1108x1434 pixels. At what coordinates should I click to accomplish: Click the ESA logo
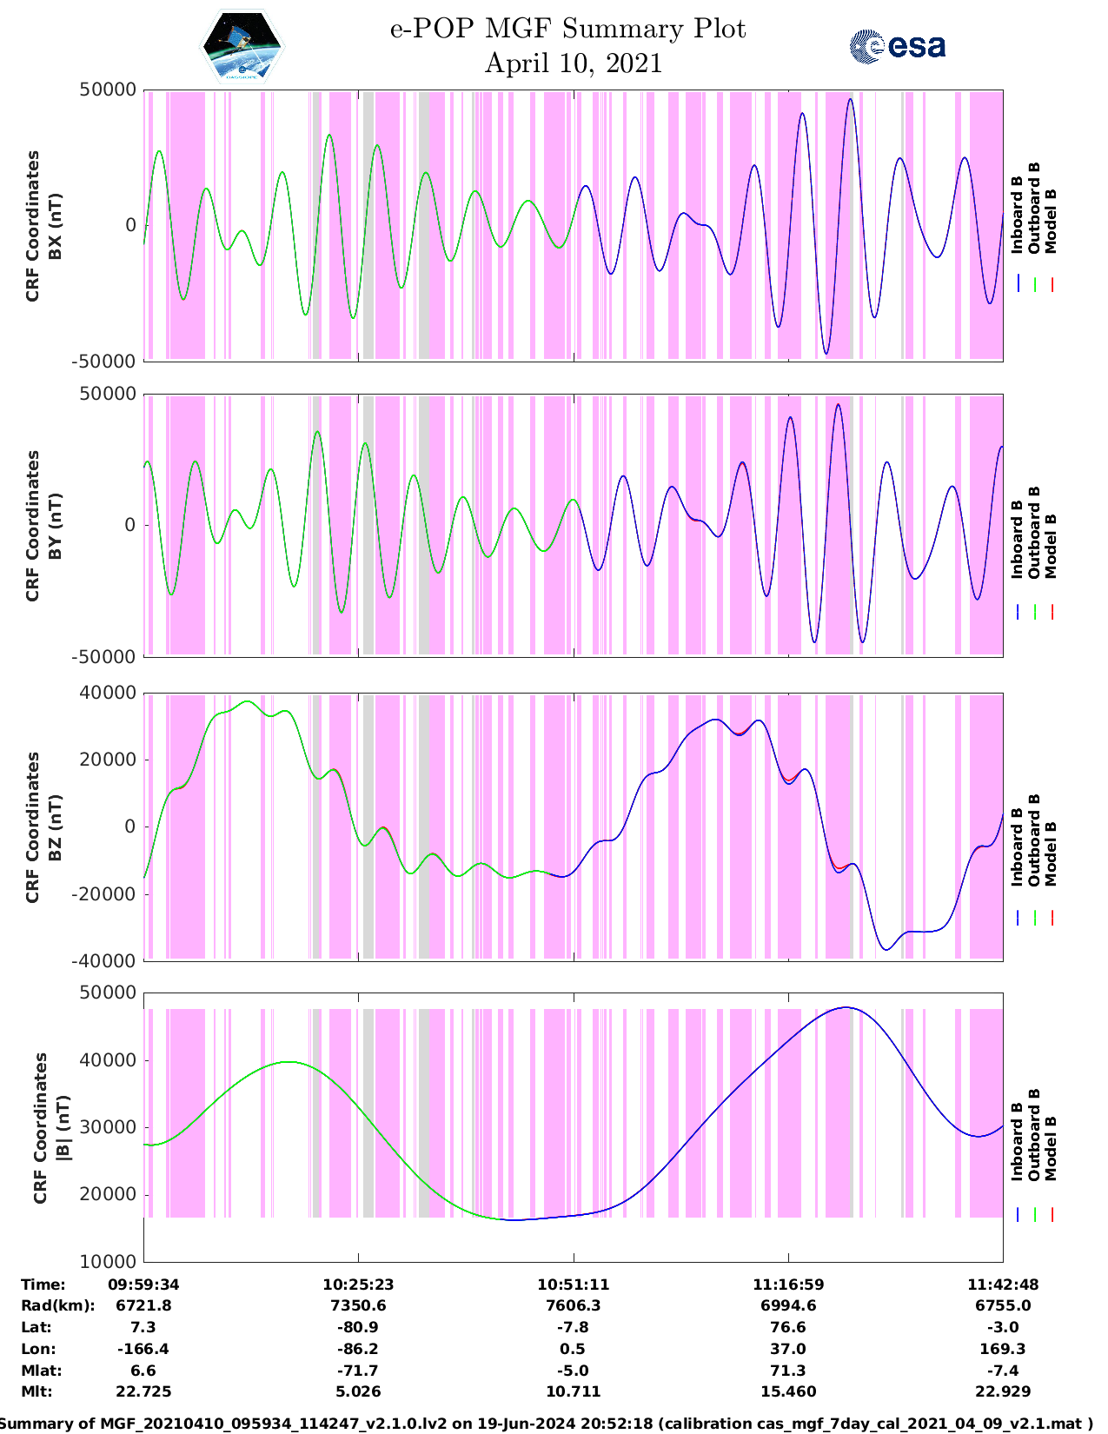[897, 46]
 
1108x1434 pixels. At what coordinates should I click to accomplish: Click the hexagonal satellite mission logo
[242, 46]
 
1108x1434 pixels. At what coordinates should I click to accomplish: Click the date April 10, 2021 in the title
[573, 63]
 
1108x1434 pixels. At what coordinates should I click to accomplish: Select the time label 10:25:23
[358, 1284]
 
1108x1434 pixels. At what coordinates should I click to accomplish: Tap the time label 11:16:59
[788, 1284]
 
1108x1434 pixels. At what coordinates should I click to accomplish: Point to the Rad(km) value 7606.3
[573, 1305]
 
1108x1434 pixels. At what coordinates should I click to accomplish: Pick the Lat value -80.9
[358, 1327]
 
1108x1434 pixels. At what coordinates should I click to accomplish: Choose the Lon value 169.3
[1003, 1349]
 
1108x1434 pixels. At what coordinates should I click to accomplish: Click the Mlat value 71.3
[788, 1371]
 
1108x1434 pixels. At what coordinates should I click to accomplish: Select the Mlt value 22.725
[143, 1391]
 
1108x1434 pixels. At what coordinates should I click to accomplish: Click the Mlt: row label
[36, 1391]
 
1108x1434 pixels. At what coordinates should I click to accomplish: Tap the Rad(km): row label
[57, 1305]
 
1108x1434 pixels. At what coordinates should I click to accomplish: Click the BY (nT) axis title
[54, 526]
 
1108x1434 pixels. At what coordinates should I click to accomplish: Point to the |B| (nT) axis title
[62, 1128]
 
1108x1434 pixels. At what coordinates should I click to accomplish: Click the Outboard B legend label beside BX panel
[1034, 209]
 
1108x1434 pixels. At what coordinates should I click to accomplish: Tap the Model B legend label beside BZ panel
[1051, 853]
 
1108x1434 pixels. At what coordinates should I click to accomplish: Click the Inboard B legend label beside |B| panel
[1017, 1141]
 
